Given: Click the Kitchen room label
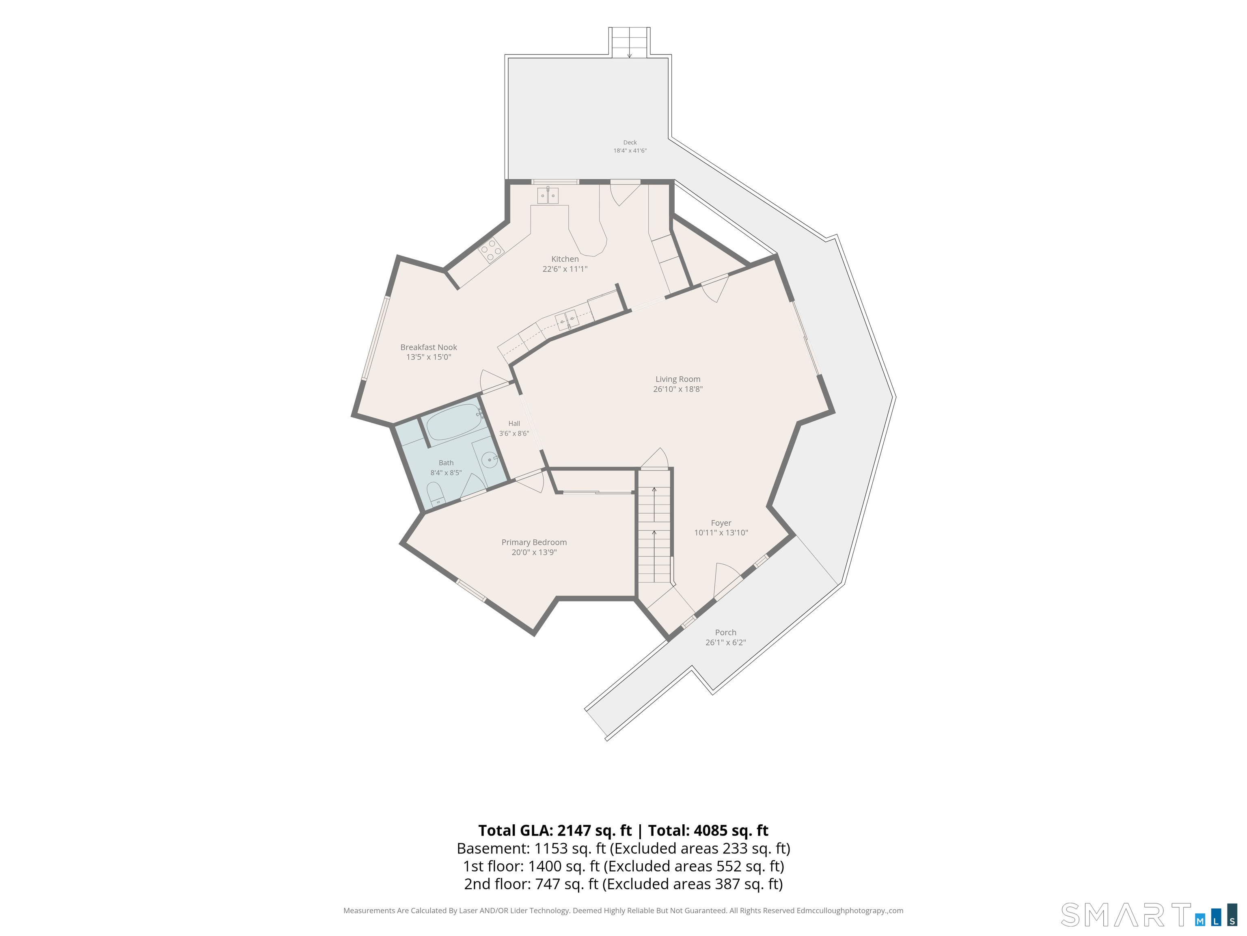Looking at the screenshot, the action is pos(565,259).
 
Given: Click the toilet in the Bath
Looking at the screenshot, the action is pos(436,494).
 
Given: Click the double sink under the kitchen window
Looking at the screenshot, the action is pos(548,196).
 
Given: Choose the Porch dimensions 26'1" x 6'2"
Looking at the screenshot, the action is pos(725,643).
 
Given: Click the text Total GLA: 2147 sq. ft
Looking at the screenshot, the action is pos(555,830).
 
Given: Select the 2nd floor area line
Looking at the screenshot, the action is pos(623,884).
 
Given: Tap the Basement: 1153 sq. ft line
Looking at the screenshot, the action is pos(623,849).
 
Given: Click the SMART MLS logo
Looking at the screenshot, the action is pos(1149,915).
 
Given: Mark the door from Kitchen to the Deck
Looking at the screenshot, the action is pos(625,192).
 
